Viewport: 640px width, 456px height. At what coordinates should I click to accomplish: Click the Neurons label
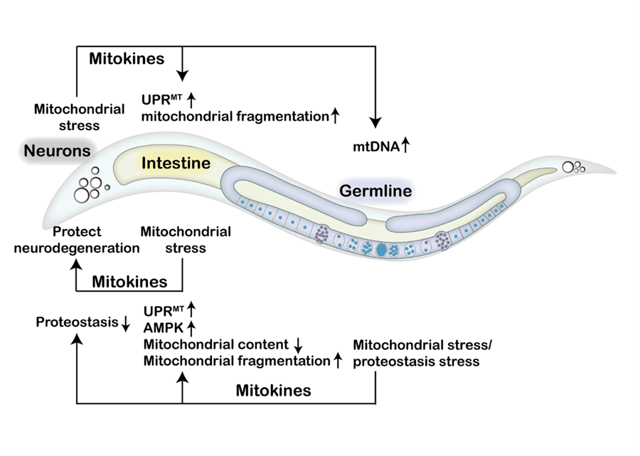(58, 151)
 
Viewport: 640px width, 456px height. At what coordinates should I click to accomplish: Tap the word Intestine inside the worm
(176, 163)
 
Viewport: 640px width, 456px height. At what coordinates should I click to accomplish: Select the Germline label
(375, 191)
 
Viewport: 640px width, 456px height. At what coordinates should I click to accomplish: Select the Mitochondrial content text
(215, 344)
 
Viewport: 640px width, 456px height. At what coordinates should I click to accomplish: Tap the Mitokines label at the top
(126, 59)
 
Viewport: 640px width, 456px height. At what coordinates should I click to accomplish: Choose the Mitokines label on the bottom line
(273, 390)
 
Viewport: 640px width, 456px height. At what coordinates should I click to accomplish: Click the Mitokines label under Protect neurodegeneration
(129, 282)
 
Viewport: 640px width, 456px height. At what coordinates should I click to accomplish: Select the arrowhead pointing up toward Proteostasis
(77, 340)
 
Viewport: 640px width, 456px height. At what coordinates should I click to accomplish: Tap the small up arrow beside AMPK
(191, 328)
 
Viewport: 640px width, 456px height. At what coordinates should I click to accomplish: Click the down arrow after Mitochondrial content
(299, 345)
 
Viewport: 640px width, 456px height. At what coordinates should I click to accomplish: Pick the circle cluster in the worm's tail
(572, 168)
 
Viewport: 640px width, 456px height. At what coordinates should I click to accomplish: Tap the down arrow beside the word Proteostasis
(125, 324)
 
